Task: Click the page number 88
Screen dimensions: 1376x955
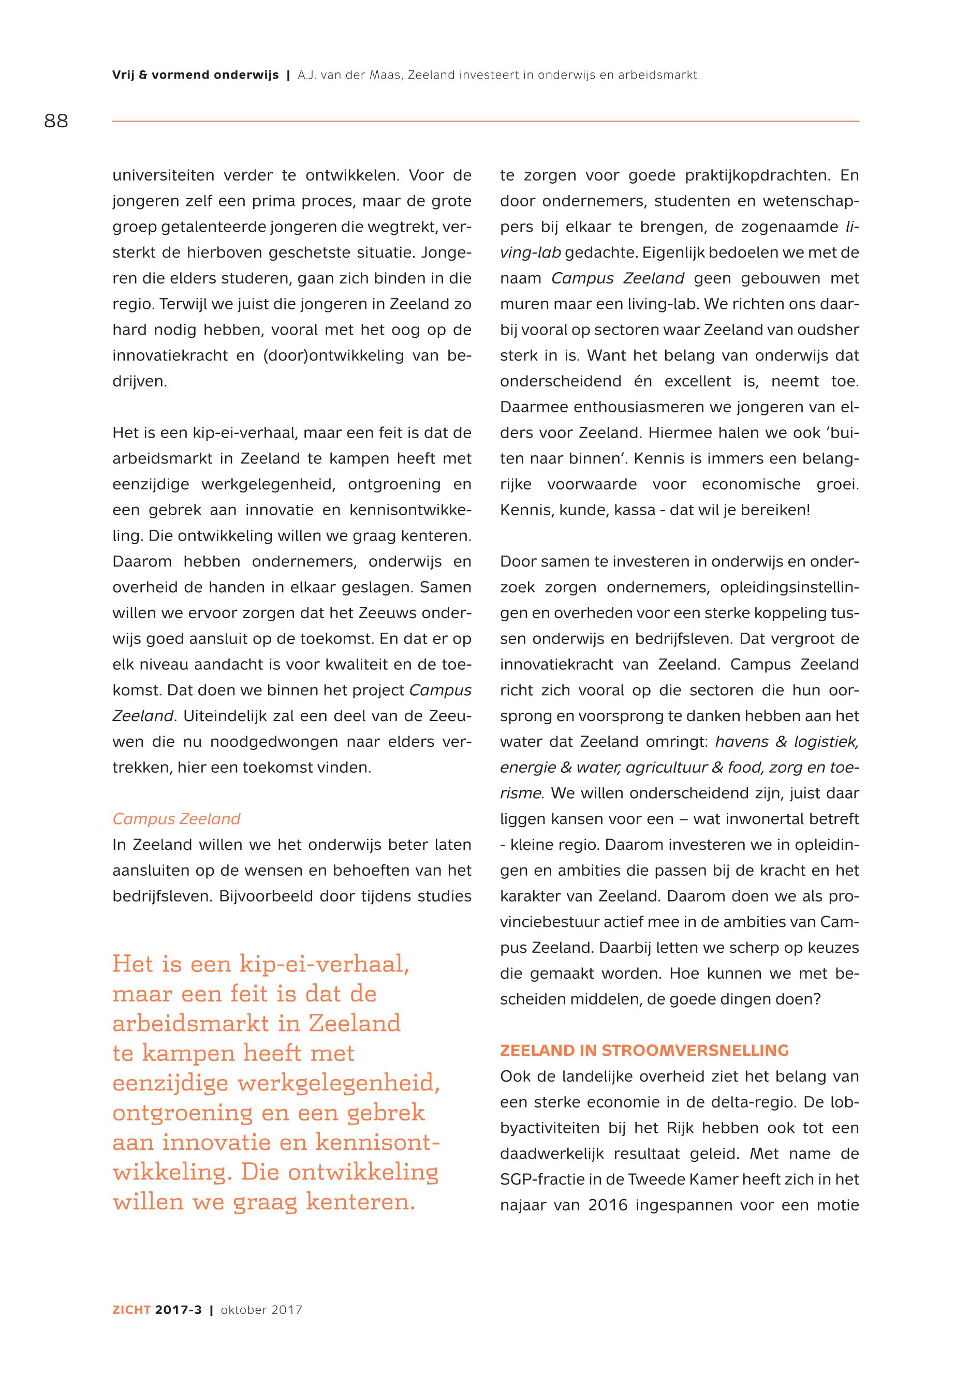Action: pos(56,122)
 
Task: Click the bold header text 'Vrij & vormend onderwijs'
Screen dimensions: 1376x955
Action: pos(196,76)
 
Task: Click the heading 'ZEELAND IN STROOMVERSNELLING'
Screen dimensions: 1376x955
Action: pos(644,1051)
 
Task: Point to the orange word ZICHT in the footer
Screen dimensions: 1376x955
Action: pos(131,1310)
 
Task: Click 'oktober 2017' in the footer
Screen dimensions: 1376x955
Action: pos(261,1310)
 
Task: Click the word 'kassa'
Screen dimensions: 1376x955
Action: pos(626,511)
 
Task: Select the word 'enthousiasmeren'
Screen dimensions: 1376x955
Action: pos(638,407)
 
